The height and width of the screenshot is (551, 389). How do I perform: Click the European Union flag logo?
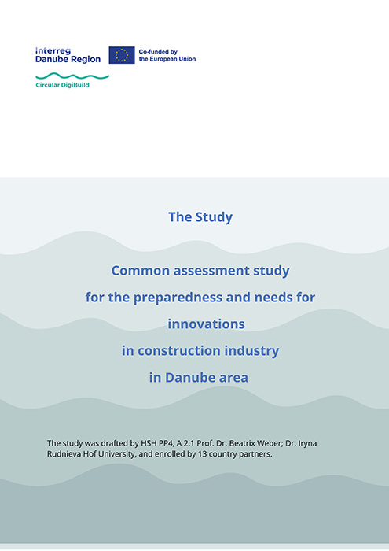121,55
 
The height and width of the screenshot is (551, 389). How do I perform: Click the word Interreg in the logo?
53,50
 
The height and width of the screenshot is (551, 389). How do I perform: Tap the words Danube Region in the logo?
68,60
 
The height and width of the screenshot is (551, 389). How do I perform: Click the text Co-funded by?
158,51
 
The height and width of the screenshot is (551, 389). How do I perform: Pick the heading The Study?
200,216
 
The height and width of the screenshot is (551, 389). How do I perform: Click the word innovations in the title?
206,324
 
